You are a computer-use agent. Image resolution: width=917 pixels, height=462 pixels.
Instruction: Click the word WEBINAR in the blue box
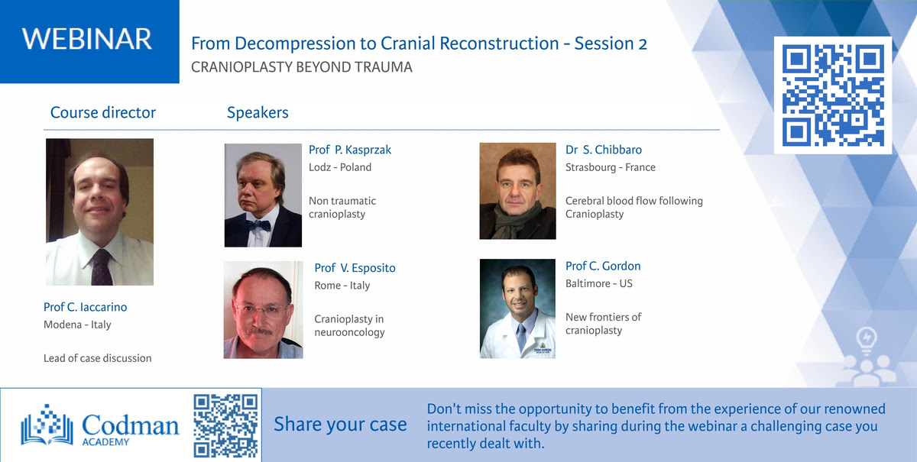pos(87,39)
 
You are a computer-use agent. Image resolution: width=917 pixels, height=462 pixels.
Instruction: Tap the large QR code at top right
pos(833,95)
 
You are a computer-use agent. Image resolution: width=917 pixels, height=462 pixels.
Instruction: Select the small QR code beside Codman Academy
pos(225,425)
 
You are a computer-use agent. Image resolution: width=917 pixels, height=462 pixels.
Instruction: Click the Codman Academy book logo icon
pos(47,425)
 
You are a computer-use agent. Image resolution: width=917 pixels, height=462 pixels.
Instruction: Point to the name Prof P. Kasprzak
pos(350,150)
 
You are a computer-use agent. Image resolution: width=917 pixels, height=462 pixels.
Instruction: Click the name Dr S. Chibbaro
pos(604,150)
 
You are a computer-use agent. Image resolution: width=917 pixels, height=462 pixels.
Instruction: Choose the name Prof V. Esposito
pos(355,268)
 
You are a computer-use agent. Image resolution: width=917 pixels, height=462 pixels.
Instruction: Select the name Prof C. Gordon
pos(603,266)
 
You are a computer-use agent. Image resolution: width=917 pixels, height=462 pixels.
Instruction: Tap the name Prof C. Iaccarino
pos(85,307)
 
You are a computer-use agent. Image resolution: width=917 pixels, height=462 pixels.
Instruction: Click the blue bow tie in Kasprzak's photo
pos(258,225)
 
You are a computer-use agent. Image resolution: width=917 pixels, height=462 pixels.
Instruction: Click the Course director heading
pos(102,112)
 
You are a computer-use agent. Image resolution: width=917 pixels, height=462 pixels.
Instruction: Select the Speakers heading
pos(258,112)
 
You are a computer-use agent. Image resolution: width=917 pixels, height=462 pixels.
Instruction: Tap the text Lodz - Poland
pos(340,167)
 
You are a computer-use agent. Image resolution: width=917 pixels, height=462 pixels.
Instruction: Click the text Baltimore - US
pos(599,283)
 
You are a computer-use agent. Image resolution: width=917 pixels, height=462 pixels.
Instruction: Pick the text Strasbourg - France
pos(611,167)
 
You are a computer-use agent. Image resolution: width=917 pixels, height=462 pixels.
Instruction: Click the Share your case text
pos(340,425)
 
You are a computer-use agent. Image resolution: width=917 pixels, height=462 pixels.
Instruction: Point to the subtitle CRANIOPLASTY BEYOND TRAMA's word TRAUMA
pos(383,67)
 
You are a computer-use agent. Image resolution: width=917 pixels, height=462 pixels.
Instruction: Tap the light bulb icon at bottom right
pos(867,341)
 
